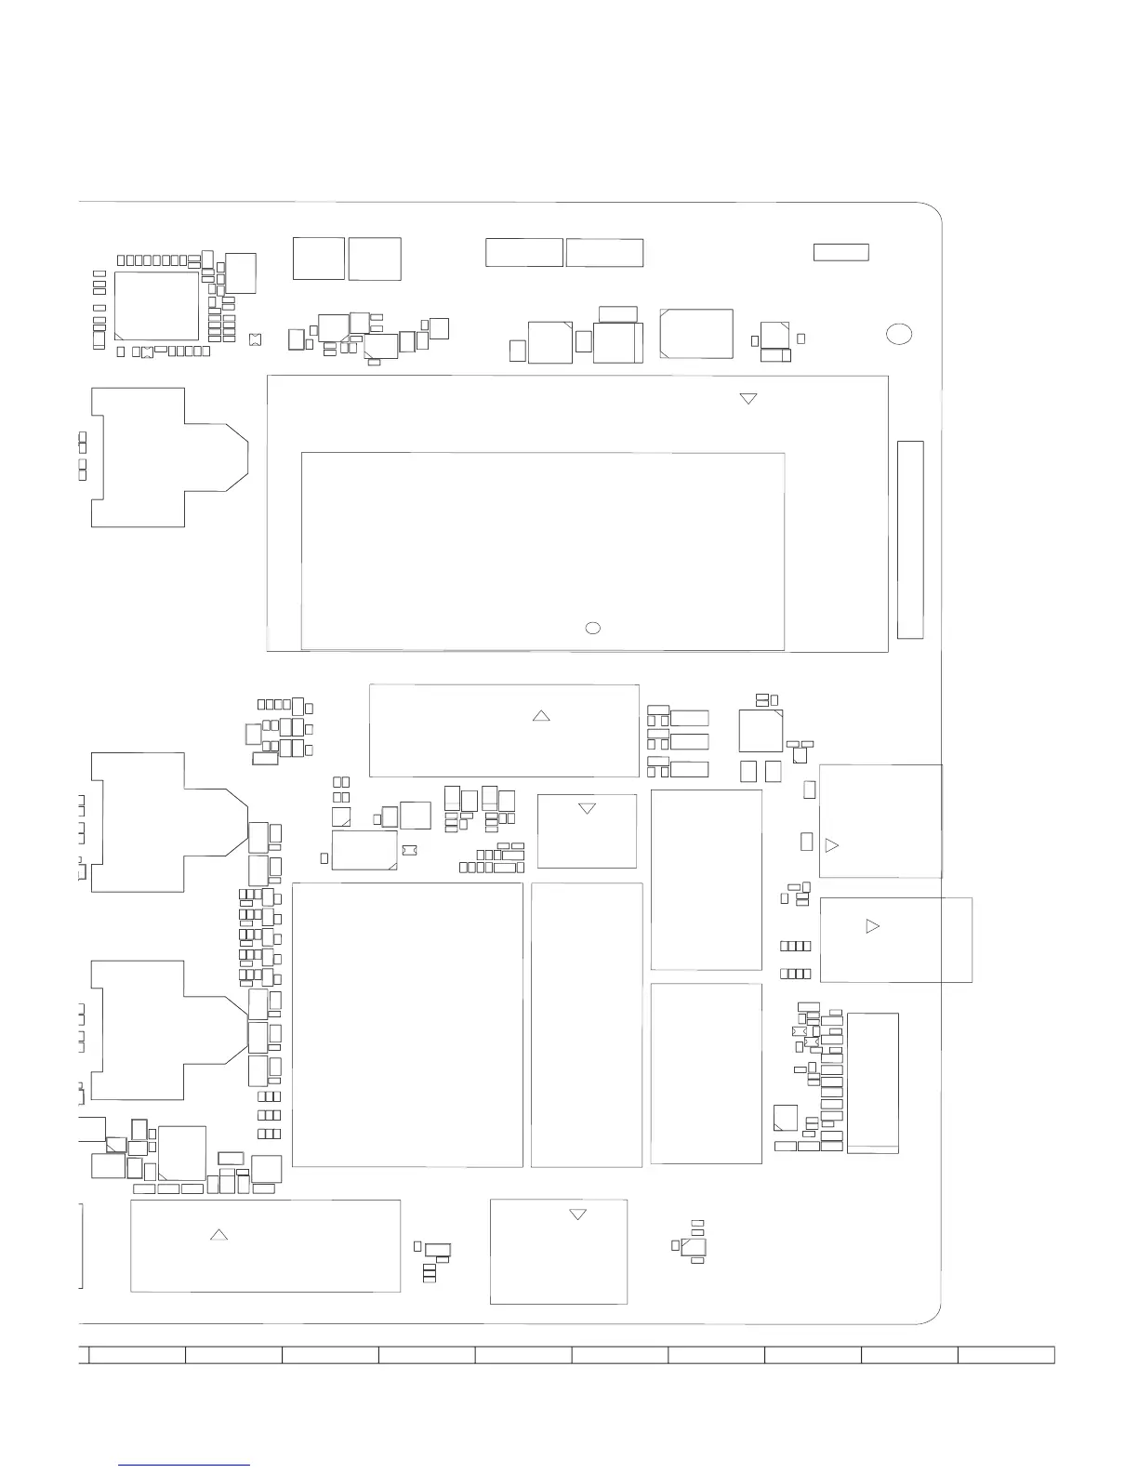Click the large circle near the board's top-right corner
tap(898, 334)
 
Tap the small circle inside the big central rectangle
tap(593, 628)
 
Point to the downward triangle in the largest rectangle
tap(748, 399)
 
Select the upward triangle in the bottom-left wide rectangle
tap(218, 1235)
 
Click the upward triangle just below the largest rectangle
tap(540, 715)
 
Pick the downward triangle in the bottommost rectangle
tap(577, 1214)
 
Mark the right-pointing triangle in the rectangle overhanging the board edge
tap(871, 926)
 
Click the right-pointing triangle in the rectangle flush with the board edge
tap(831, 845)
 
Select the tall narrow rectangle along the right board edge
tap(910, 539)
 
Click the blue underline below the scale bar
tap(185, 1465)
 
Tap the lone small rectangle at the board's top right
tap(840, 252)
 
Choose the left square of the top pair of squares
tap(318, 259)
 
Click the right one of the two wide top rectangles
tap(604, 253)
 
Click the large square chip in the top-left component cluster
tap(156, 306)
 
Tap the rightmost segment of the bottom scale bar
tap(1006, 1354)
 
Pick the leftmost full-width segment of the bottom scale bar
tap(137, 1354)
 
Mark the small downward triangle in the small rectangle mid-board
tap(587, 809)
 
